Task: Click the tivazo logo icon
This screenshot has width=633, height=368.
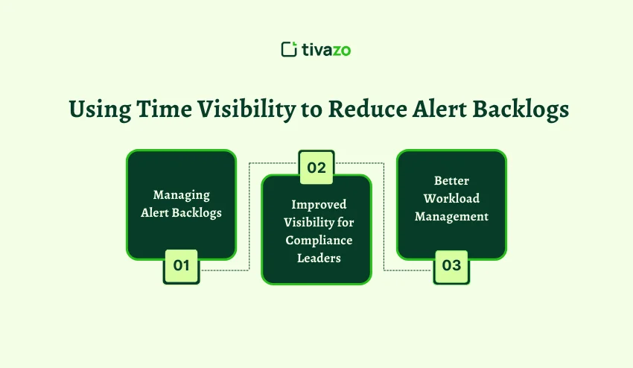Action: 289,50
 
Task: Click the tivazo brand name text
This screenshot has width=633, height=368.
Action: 327,50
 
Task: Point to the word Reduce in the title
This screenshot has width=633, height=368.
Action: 366,109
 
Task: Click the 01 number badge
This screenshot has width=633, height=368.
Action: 181,266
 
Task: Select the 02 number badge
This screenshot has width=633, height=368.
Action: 316,168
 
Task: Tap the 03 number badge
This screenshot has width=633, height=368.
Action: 451,266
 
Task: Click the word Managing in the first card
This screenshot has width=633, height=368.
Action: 181,195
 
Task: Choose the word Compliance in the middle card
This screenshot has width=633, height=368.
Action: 316,241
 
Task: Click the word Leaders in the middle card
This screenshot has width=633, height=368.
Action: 316,258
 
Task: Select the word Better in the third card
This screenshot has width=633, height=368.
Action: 451,181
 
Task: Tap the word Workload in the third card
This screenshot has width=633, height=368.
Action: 451,199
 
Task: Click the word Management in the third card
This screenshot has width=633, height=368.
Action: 451,217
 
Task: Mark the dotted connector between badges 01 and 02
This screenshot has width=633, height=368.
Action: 248,216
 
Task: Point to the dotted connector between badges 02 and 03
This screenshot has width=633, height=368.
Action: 384,216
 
